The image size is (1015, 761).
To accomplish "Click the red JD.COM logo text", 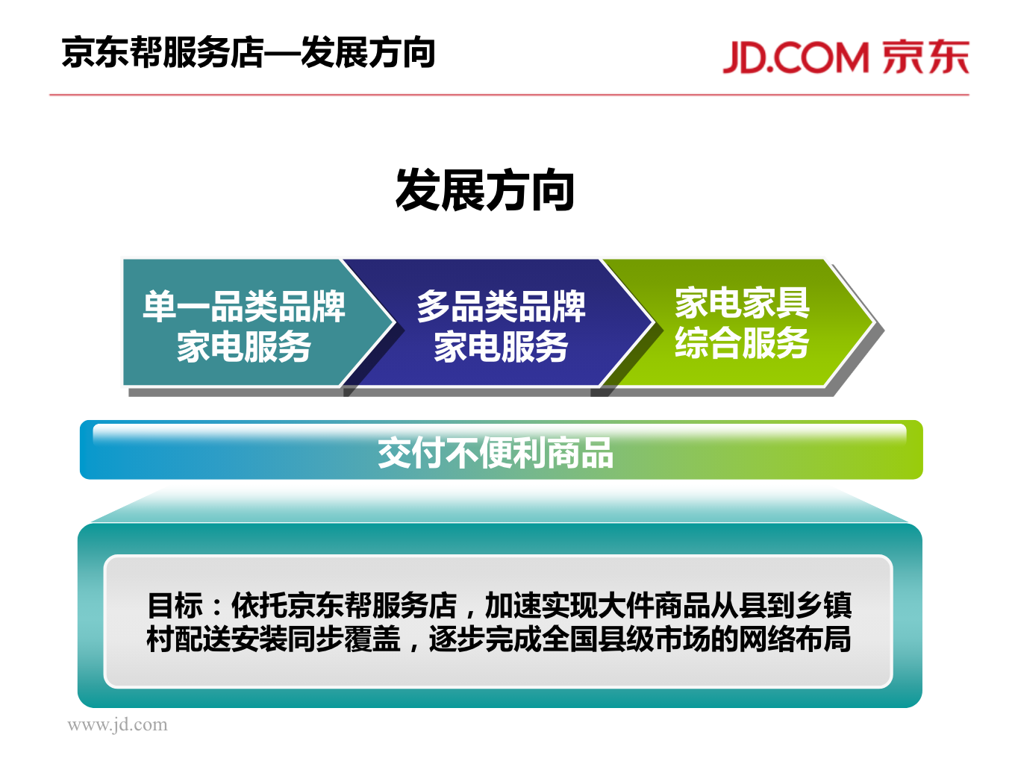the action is [795, 57].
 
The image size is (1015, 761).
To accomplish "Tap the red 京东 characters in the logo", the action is [925, 57].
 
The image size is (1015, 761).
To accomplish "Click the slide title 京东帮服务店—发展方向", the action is [249, 52].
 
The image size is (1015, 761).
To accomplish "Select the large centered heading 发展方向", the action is [484, 190].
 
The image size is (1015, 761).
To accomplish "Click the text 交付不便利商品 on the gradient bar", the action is [496, 454].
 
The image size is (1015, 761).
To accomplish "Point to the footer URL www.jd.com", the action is [117, 725].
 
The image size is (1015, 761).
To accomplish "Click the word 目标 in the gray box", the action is [175, 605].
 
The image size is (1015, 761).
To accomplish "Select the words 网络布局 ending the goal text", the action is [795, 639].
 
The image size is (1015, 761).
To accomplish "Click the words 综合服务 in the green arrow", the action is [742, 343].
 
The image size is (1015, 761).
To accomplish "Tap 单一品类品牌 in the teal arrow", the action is [244, 307].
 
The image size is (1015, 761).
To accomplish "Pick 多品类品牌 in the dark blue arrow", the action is [502, 307].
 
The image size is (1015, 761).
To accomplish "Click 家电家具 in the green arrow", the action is [742, 303].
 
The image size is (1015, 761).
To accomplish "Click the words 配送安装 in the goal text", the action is [231, 639].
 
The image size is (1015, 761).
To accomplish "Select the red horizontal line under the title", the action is [509, 95].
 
